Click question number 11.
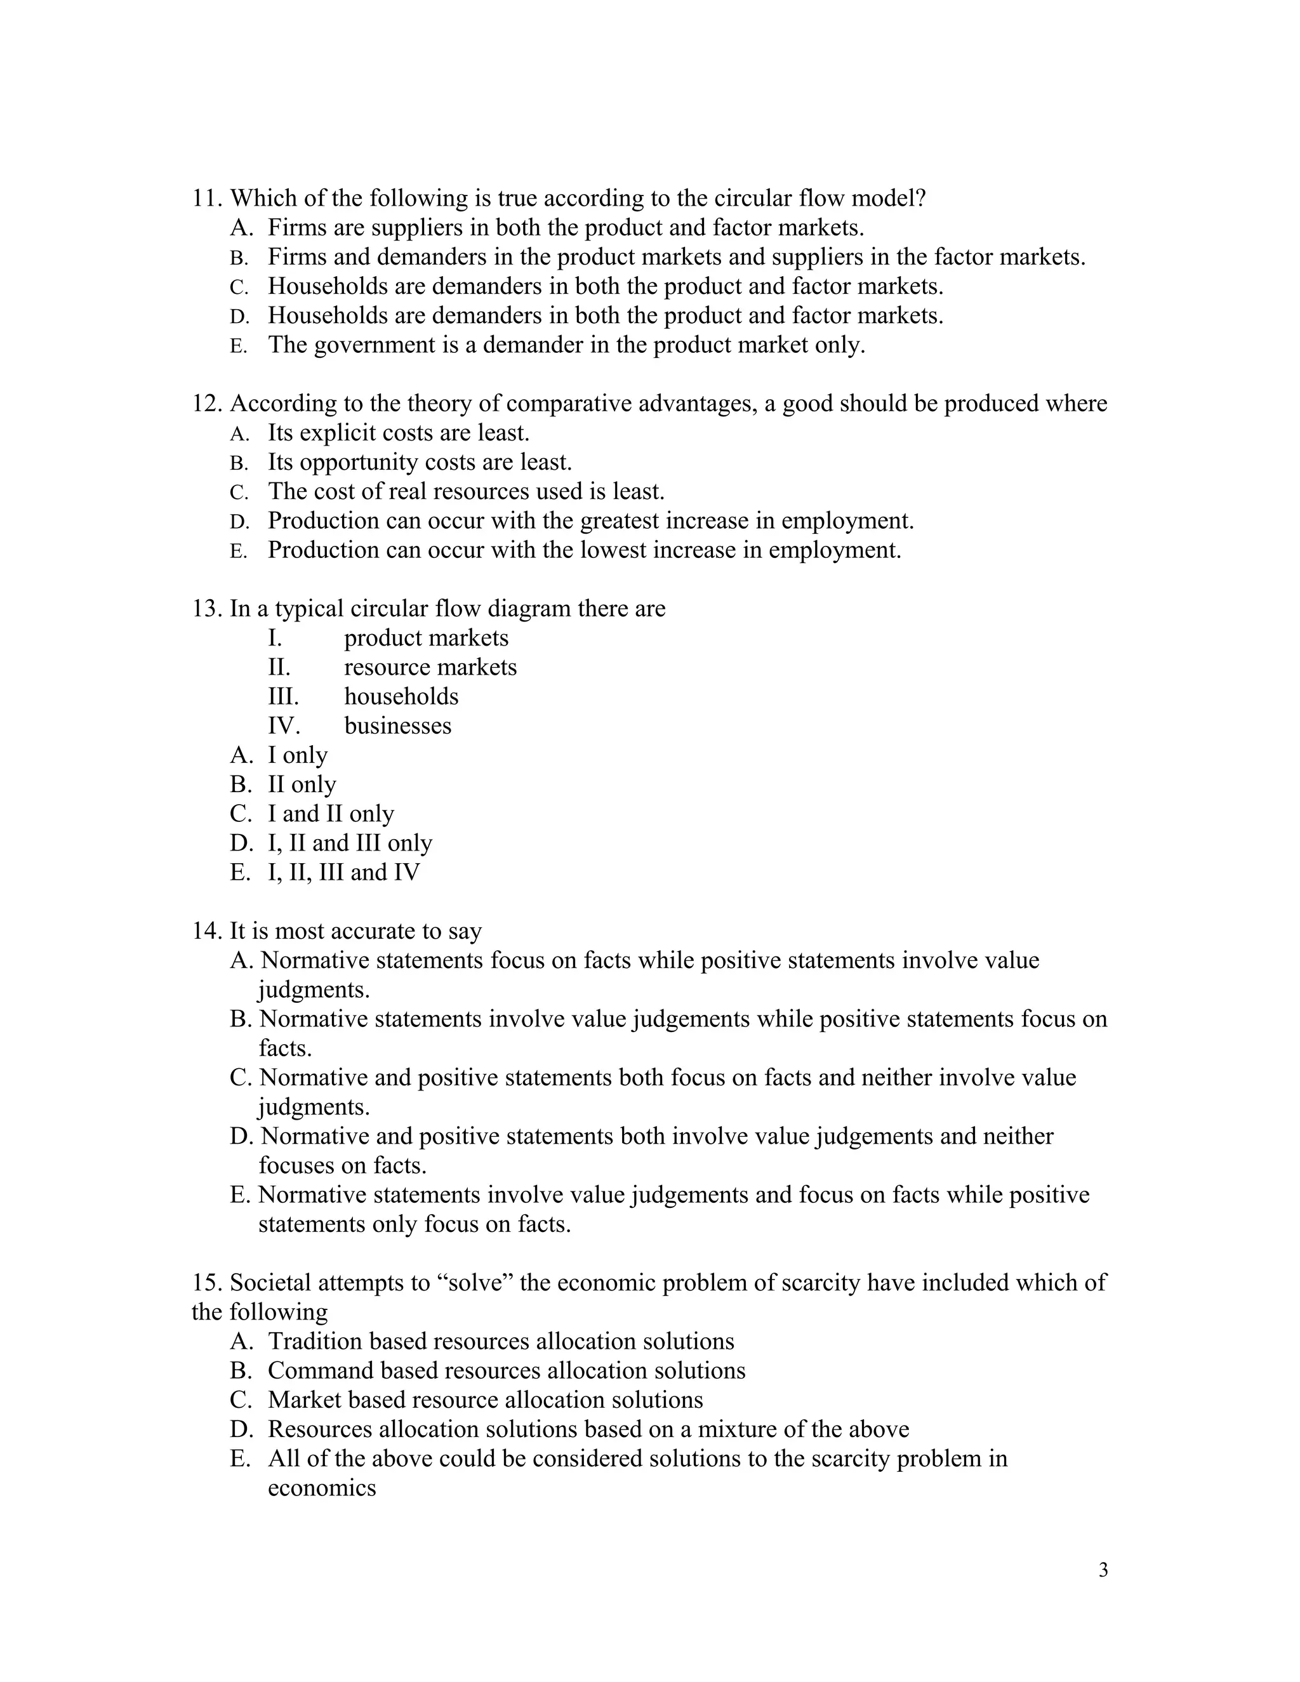point(206,199)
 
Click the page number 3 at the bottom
point(1103,1570)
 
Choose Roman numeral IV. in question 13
point(283,725)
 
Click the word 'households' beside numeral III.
point(401,696)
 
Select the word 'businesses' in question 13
point(397,725)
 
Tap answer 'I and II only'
point(330,814)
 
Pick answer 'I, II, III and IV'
point(343,873)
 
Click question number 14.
point(206,931)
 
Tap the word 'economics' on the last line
point(321,1488)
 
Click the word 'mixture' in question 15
point(737,1429)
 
